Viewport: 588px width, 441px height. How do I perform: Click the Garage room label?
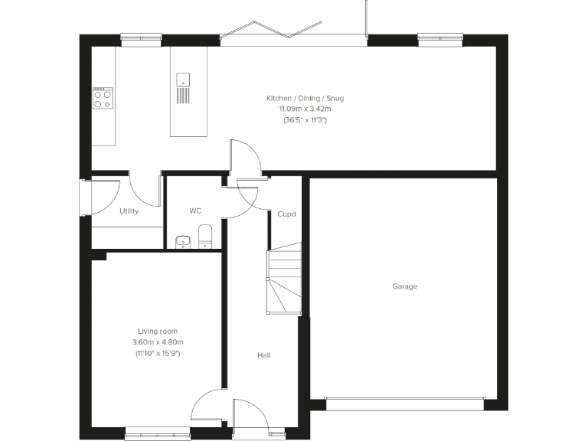[x=405, y=286]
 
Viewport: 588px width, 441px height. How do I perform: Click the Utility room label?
[x=129, y=211]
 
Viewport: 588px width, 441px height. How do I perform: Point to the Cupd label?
[x=286, y=214]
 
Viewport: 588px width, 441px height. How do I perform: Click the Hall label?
[x=263, y=355]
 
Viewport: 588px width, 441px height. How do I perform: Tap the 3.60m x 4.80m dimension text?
[x=158, y=342]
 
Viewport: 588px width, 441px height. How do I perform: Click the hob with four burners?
[x=103, y=98]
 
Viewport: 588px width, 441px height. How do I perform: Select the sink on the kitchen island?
[x=183, y=78]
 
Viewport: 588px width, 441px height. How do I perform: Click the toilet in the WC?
[x=204, y=237]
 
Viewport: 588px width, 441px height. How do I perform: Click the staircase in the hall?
[x=283, y=279]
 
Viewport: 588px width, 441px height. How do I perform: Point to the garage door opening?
[x=404, y=399]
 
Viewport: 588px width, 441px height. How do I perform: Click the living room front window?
[x=158, y=432]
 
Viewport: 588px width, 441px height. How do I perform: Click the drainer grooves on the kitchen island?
[x=183, y=95]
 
